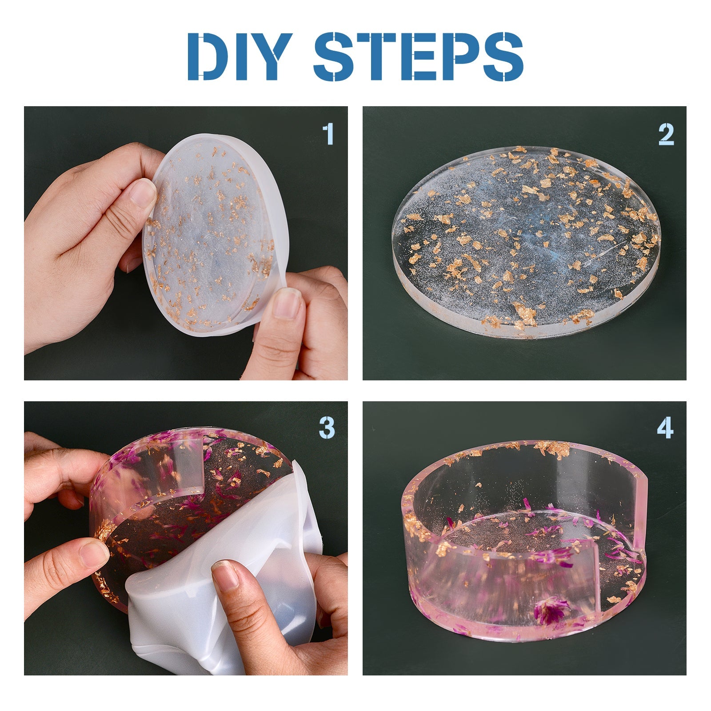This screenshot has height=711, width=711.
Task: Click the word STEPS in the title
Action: (x=419, y=56)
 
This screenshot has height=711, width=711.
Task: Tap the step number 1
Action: (x=328, y=134)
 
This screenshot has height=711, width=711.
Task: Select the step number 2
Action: (x=666, y=134)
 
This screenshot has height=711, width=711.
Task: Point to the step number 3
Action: (x=327, y=428)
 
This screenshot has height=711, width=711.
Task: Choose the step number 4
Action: (x=665, y=428)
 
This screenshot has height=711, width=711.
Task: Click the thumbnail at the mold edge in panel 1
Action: (x=288, y=303)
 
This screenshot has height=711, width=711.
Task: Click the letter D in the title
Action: (x=208, y=56)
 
